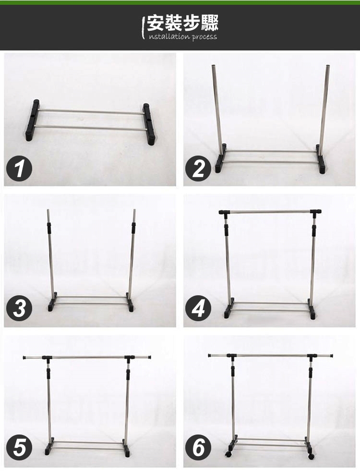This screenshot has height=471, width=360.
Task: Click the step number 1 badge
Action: [x=19, y=168]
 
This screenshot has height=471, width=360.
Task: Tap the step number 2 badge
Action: [x=198, y=168]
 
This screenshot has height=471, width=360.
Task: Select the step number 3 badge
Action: [x=19, y=308]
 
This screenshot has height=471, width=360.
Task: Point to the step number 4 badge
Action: [x=198, y=308]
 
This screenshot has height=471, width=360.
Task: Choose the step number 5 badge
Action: [x=19, y=447]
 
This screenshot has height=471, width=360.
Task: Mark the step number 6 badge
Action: [x=198, y=447]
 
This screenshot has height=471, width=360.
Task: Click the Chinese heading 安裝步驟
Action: [x=182, y=23]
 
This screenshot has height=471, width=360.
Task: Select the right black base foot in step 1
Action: [x=149, y=124]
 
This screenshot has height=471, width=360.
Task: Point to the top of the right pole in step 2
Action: [x=327, y=66]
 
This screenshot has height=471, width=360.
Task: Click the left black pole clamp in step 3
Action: [x=49, y=228]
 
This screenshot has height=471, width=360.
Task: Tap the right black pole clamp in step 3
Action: [x=133, y=228]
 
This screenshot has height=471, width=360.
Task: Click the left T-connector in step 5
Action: [x=47, y=358]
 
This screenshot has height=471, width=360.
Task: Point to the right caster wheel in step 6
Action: [x=311, y=456]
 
